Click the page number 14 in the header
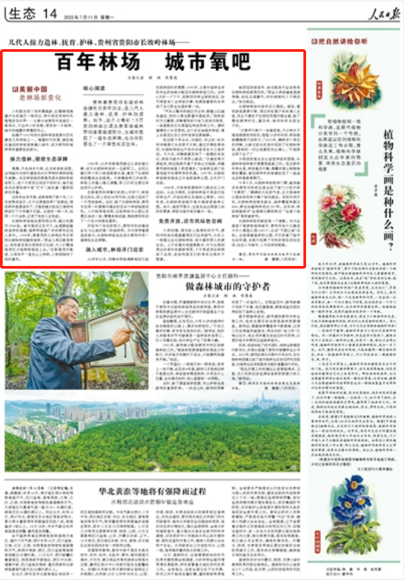49,14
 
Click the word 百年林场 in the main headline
99,62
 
